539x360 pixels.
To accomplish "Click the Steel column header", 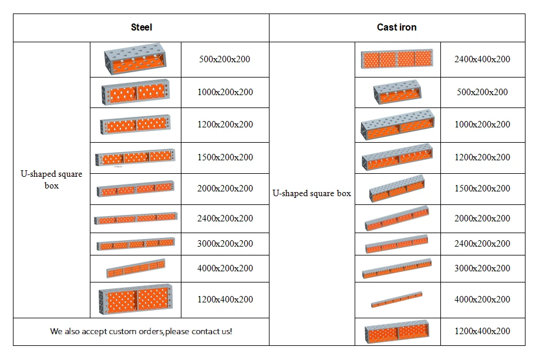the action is [142, 27].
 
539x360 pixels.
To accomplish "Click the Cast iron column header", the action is [397, 27].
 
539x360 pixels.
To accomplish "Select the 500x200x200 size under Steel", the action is [224, 59].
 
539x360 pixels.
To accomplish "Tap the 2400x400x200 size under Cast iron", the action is [482, 59].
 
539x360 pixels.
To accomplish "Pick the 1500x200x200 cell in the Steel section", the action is [225, 157].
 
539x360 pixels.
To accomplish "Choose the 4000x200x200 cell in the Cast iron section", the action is [482, 299].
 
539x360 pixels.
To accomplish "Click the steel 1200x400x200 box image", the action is [136, 299].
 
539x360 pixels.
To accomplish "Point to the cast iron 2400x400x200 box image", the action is [397, 59].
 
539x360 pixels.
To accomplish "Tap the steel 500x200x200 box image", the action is [136, 59].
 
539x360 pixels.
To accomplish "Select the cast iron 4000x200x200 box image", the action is [397, 299].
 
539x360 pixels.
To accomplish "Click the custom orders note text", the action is [141, 331].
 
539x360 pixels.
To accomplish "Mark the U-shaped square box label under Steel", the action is [52, 180].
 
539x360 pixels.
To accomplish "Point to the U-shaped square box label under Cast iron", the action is [312, 193].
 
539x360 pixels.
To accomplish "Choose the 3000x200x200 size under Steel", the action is [225, 244].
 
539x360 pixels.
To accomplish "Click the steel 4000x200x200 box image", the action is [136, 268].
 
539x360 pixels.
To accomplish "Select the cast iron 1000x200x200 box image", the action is [397, 125].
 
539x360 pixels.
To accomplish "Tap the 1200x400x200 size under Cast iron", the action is [482, 331].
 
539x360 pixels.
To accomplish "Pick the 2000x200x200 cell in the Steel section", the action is [225, 189].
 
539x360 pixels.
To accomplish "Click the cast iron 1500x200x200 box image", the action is [397, 189].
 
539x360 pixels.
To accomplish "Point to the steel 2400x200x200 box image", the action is [136, 218].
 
